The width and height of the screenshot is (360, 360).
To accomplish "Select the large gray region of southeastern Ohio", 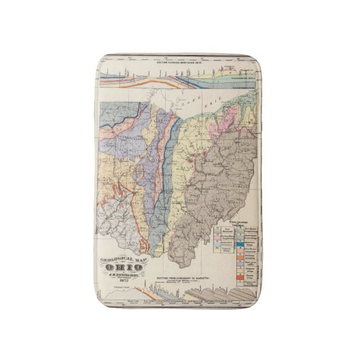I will [x=217, y=190].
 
